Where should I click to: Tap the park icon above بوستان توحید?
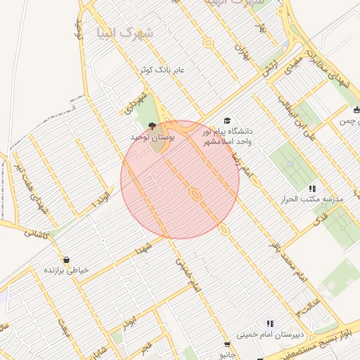point(153,129)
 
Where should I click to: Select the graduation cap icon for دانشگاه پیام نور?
point(226,121)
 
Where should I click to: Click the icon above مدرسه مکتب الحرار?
point(312,188)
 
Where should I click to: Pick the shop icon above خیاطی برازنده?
point(66,259)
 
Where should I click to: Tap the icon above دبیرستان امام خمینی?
point(269,324)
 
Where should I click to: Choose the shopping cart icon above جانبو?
point(226,345)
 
